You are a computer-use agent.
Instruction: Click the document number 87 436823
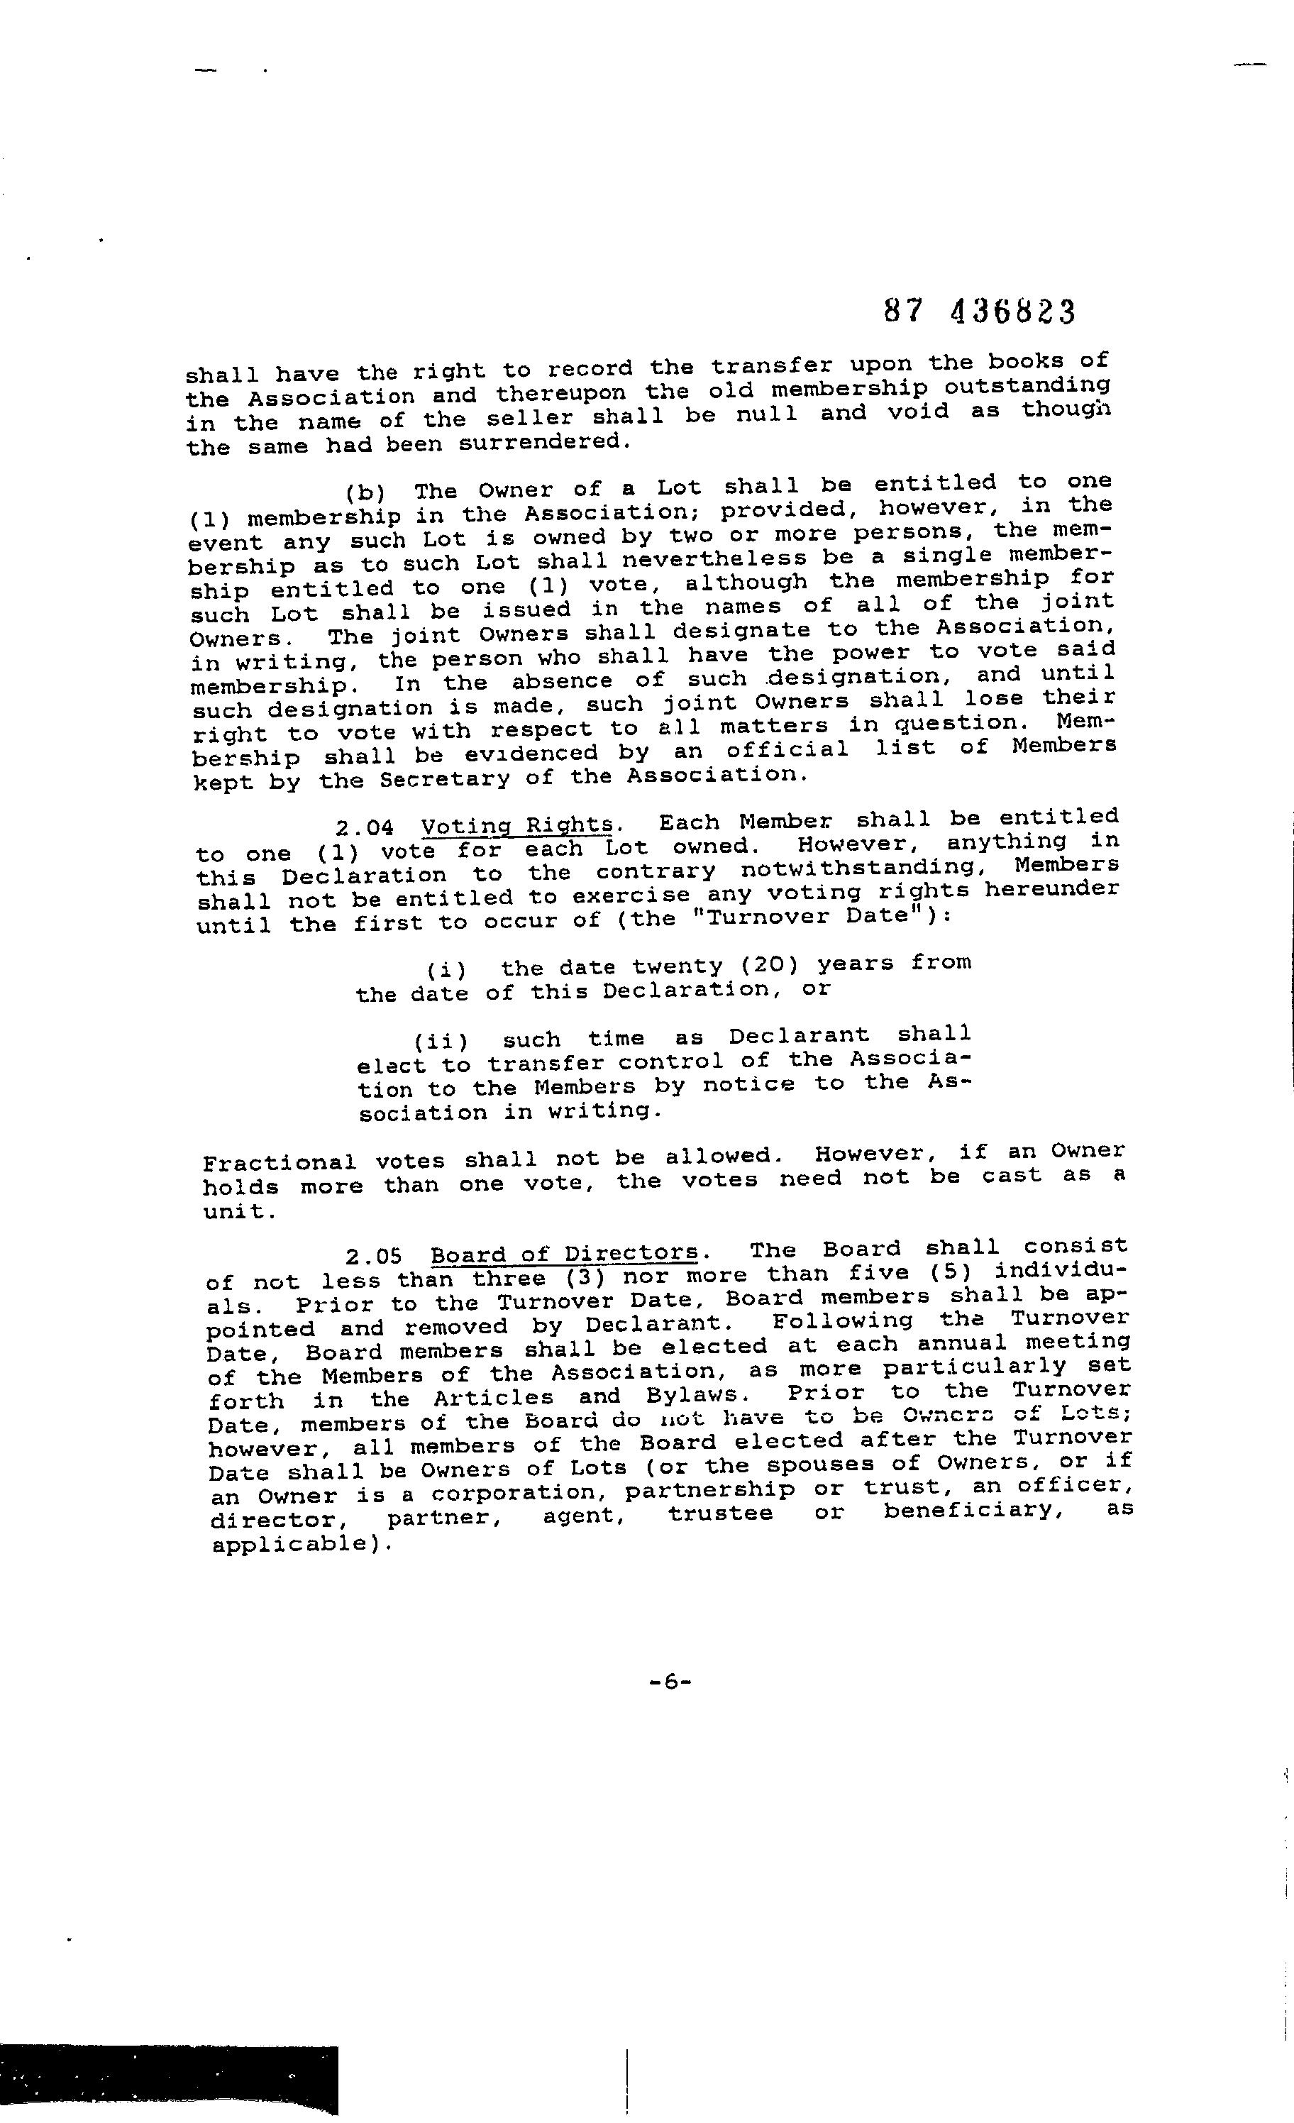pos(980,312)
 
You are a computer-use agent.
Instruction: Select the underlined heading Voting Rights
pos(518,825)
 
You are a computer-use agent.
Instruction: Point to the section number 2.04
pos(365,829)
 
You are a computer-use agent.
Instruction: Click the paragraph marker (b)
pos(365,493)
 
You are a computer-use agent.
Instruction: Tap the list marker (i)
pos(446,969)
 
